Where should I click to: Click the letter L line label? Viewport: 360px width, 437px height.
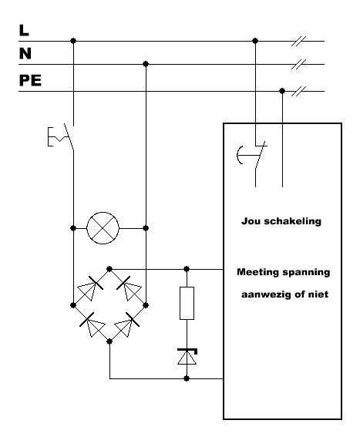24,30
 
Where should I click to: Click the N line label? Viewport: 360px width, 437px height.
25,53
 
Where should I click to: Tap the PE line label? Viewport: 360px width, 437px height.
30,80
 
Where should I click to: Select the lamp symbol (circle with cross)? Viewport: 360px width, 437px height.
103,228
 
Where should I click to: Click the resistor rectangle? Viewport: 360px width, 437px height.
187,303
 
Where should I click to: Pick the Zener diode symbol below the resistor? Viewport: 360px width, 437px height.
187,356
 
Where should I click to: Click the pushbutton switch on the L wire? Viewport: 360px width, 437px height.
62,136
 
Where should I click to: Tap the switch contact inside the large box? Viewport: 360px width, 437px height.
252,155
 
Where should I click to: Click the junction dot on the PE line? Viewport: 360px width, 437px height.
282,91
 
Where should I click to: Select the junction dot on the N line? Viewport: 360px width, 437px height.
146,64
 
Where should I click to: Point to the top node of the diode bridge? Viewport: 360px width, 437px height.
109,269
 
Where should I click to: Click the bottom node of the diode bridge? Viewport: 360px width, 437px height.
109,341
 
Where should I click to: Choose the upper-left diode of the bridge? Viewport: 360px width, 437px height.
89,288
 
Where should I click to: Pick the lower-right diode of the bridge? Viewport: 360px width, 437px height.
127,324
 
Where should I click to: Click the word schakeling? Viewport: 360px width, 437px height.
292,221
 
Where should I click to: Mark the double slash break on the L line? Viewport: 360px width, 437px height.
298,41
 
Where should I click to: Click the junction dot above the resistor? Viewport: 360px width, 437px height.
187,269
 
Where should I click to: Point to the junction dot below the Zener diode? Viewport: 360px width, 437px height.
187,378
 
